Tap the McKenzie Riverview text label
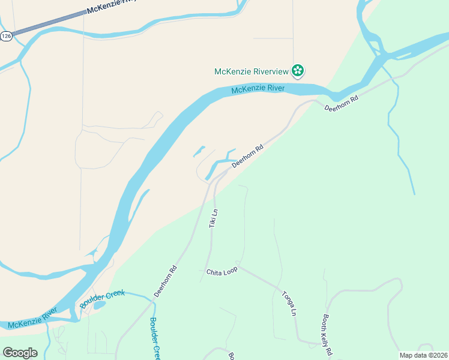[252, 71]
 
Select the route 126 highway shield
[6, 36]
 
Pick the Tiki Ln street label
[213, 218]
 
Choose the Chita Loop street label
[222, 271]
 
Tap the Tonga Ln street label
[289, 303]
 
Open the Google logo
[20, 353]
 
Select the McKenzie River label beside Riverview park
[258, 89]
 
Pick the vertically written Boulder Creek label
[155, 338]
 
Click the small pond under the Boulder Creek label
[100, 305]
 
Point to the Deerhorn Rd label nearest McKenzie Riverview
[341, 103]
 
